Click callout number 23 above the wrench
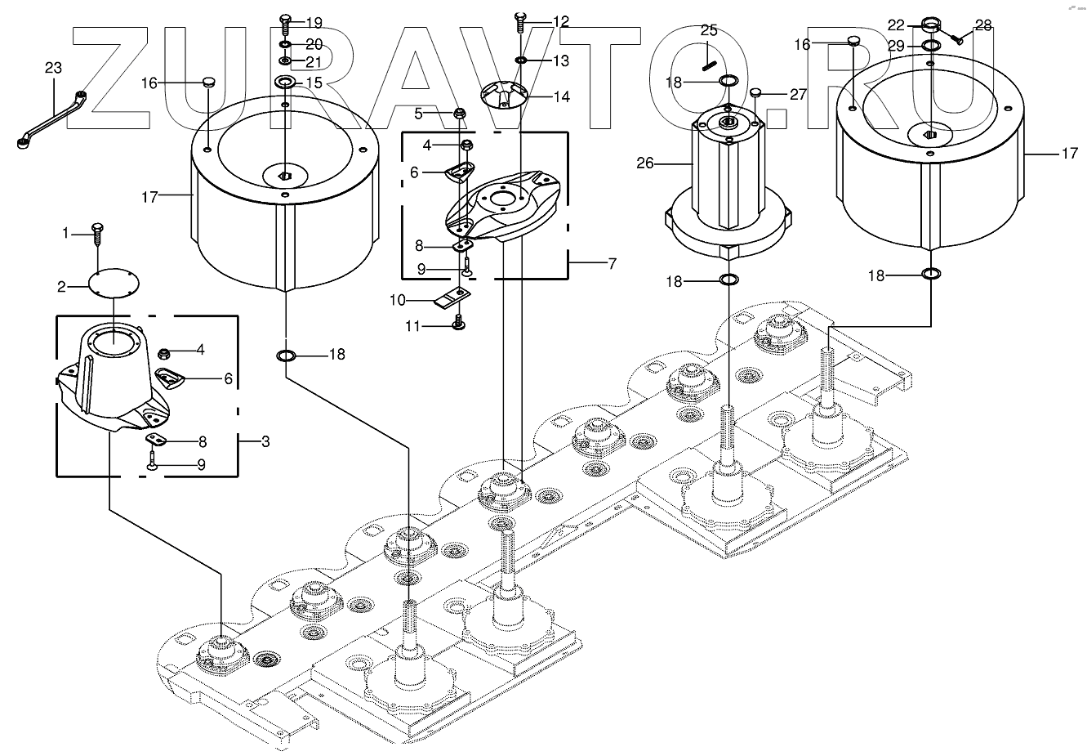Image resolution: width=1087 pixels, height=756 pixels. tap(53, 69)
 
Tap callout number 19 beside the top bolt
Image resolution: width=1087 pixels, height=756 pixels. tap(314, 22)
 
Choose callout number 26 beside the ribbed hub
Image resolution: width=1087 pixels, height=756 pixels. tap(645, 163)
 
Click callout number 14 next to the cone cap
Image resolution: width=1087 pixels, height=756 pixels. tap(561, 96)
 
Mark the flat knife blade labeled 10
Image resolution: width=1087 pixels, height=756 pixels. tap(450, 299)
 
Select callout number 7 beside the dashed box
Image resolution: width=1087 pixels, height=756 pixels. tap(612, 264)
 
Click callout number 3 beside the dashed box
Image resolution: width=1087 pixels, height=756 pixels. tap(265, 442)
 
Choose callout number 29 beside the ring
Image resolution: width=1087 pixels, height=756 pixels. tap(896, 47)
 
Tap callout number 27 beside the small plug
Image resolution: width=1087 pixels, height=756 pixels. tap(798, 95)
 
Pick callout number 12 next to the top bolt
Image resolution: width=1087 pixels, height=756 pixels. tap(560, 21)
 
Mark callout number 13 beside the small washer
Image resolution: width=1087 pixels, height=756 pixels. tap(560, 61)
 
